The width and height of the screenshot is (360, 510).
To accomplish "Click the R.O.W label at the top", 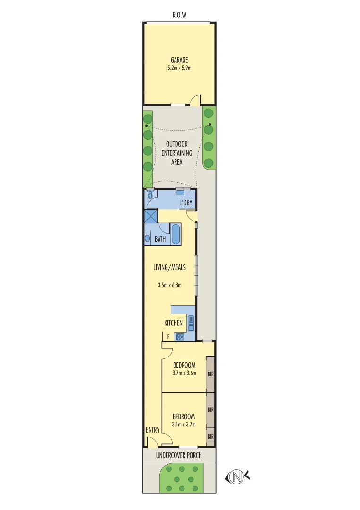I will pyautogui.click(x=179, y=15).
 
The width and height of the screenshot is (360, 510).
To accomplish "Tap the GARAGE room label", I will pyautogui.click(x=179, y=60).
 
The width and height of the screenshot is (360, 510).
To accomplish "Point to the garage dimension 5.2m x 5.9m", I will pyautogui.click(x=179, y=68).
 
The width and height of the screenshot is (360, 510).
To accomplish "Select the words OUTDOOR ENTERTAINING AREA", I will pyautogui.click(x=176, y=153).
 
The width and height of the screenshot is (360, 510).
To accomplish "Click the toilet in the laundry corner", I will pyautogui.click(x=151, y=194).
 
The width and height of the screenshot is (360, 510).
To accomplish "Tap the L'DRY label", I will pyautogui.click(x=185, y=203).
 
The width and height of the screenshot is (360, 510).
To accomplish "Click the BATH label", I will pyautogui.click(x=160, y=239).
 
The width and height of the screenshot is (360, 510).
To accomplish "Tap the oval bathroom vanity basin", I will pyautogui.click(x=148, y=238).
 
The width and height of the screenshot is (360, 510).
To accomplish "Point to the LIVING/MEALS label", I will pyautogui.click(x=169, y=267).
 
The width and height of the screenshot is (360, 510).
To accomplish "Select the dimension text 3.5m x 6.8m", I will pyautogui.click(x=169, y=285).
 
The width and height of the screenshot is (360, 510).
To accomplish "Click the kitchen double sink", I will pyautogui.click(x=191, y=323).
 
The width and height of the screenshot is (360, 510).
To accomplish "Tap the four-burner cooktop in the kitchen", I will pyautogui.click(x=180, y=337).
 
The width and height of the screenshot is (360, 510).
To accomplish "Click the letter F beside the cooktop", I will pyautogui.click(x=168, y=337).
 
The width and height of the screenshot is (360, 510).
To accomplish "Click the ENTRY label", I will pyautogui.click(x=152, y=430).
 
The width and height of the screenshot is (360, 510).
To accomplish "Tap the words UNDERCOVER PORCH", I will pyautogui.click(x=179, y=455).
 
